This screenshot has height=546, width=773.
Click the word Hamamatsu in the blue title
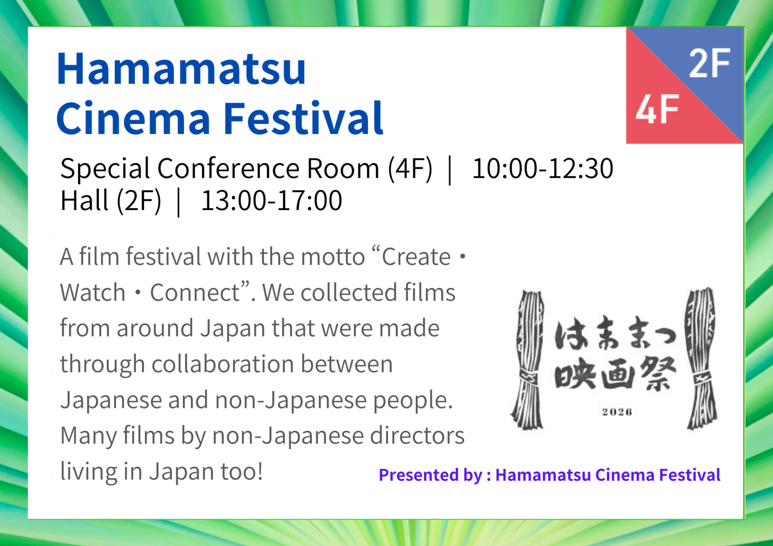[181, 69]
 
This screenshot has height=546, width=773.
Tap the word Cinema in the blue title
[133, 119]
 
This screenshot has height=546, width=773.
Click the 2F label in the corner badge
[709, 63]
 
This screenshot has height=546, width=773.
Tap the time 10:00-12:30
[543, 168]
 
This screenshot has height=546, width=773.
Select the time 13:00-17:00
[271, 200]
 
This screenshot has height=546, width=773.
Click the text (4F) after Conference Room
[410, 169]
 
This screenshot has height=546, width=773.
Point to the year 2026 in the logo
[617, 412]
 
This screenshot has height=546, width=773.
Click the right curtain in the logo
[702, 358]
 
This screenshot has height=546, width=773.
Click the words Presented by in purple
[430, 476]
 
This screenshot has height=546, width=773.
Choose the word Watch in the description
[93, 293]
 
